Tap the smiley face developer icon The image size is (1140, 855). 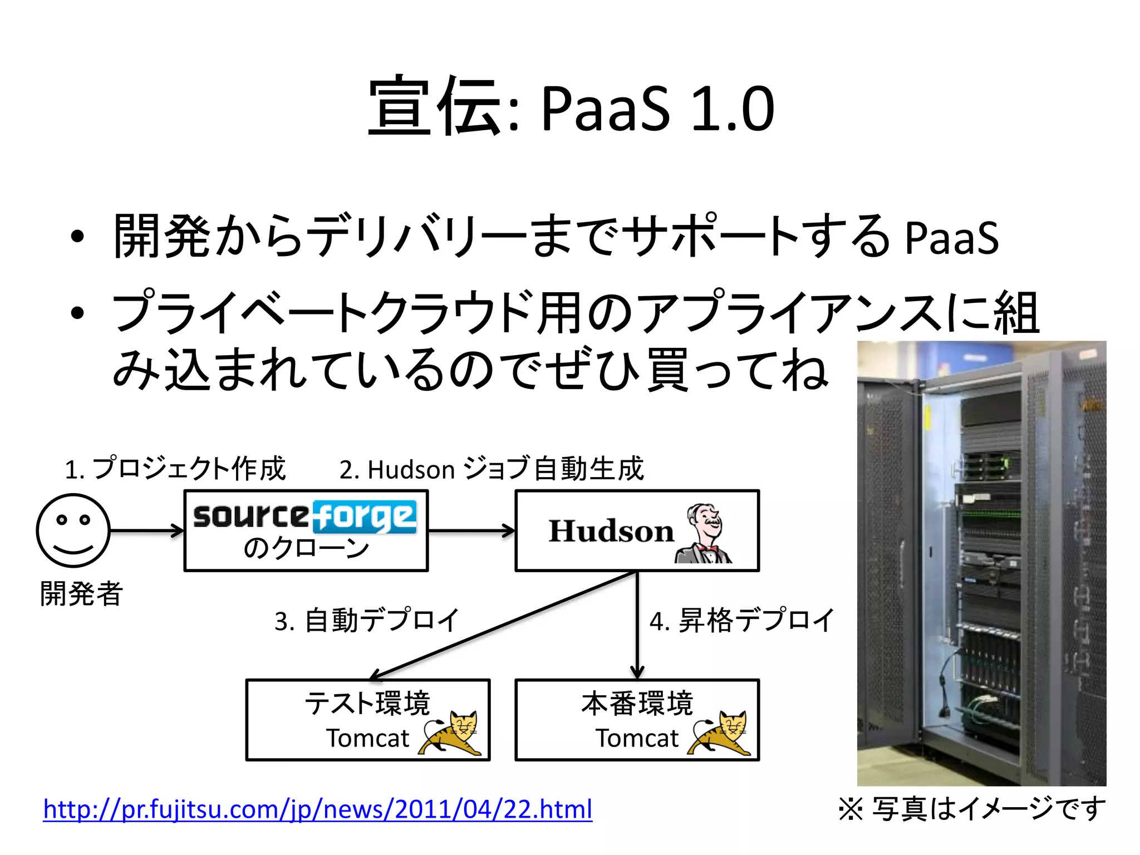(x=73, y=530)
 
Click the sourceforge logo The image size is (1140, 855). (x=305, y=516)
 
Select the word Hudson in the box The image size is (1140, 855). (x=611, y=530)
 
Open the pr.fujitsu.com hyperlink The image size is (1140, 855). (x=317, y=809)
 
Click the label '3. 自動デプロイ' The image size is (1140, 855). (x=367, y=620)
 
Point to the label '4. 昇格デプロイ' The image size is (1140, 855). (x=742, y=620)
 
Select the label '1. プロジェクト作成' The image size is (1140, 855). (x=175, y=469)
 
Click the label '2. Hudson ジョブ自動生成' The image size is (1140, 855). (x=492, y=469)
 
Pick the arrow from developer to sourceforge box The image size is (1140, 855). (x=146, y=531)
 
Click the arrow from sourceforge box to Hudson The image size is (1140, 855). (x=471, y=531)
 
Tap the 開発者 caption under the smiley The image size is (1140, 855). (x=81, y=593)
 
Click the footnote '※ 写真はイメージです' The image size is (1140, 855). (x=971, y=809)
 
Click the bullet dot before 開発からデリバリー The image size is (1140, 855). (x=77, y=237)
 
